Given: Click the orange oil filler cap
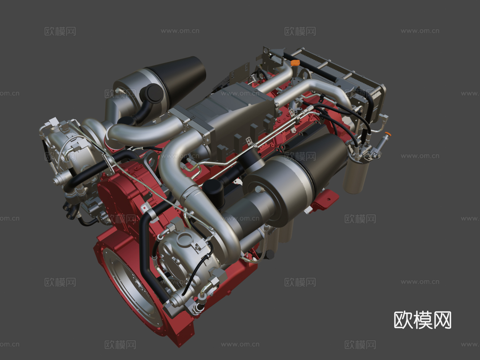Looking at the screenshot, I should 295,63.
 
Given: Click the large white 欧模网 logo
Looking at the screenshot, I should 422,320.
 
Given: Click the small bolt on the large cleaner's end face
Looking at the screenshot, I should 258,190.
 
